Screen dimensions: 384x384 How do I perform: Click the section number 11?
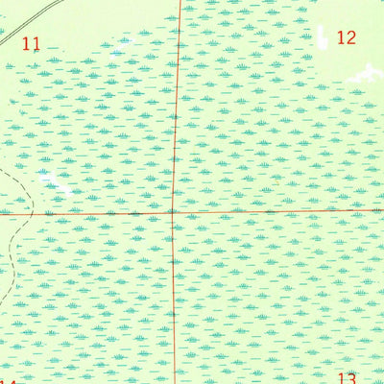coord(32,43)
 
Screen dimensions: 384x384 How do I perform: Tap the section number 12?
coord(347,38)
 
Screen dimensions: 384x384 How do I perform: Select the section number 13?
coord(348,378)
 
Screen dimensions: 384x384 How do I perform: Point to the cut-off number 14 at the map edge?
coord(8,380)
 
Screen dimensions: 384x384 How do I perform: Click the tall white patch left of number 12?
coord(323,36)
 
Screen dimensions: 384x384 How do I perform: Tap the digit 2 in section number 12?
coord(351,38)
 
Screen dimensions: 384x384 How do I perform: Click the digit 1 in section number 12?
coord(341,38)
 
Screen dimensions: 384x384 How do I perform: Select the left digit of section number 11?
coord(27,43)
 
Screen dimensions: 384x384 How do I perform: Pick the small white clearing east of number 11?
coord(120,43)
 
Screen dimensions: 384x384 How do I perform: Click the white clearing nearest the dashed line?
coord(48,179)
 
